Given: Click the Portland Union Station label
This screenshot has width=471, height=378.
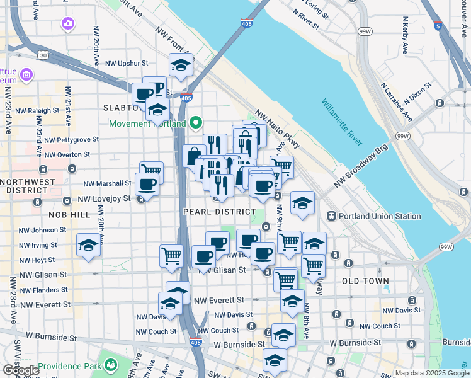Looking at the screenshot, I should click(x=380, y=216).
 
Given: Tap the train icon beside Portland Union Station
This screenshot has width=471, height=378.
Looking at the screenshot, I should click(x=331, y=216).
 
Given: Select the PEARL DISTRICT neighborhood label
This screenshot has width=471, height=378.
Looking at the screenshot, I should click(x=220, y=212).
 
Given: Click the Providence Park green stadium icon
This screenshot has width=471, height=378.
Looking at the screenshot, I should click(x=111, y=365).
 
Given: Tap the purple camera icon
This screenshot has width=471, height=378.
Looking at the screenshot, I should click(x=67, y=24).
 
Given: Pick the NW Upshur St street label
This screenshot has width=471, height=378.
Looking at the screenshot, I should click(x=126, y=63).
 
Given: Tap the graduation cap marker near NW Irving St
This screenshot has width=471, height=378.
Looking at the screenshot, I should click(x=88, y=246).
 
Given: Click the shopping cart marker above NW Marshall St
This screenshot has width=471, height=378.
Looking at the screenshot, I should click(x=151, y=172).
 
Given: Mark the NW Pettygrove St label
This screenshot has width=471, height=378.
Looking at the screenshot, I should click(x=71, y=139).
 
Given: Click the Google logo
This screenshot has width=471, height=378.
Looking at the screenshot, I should click(x=21, y=371).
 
